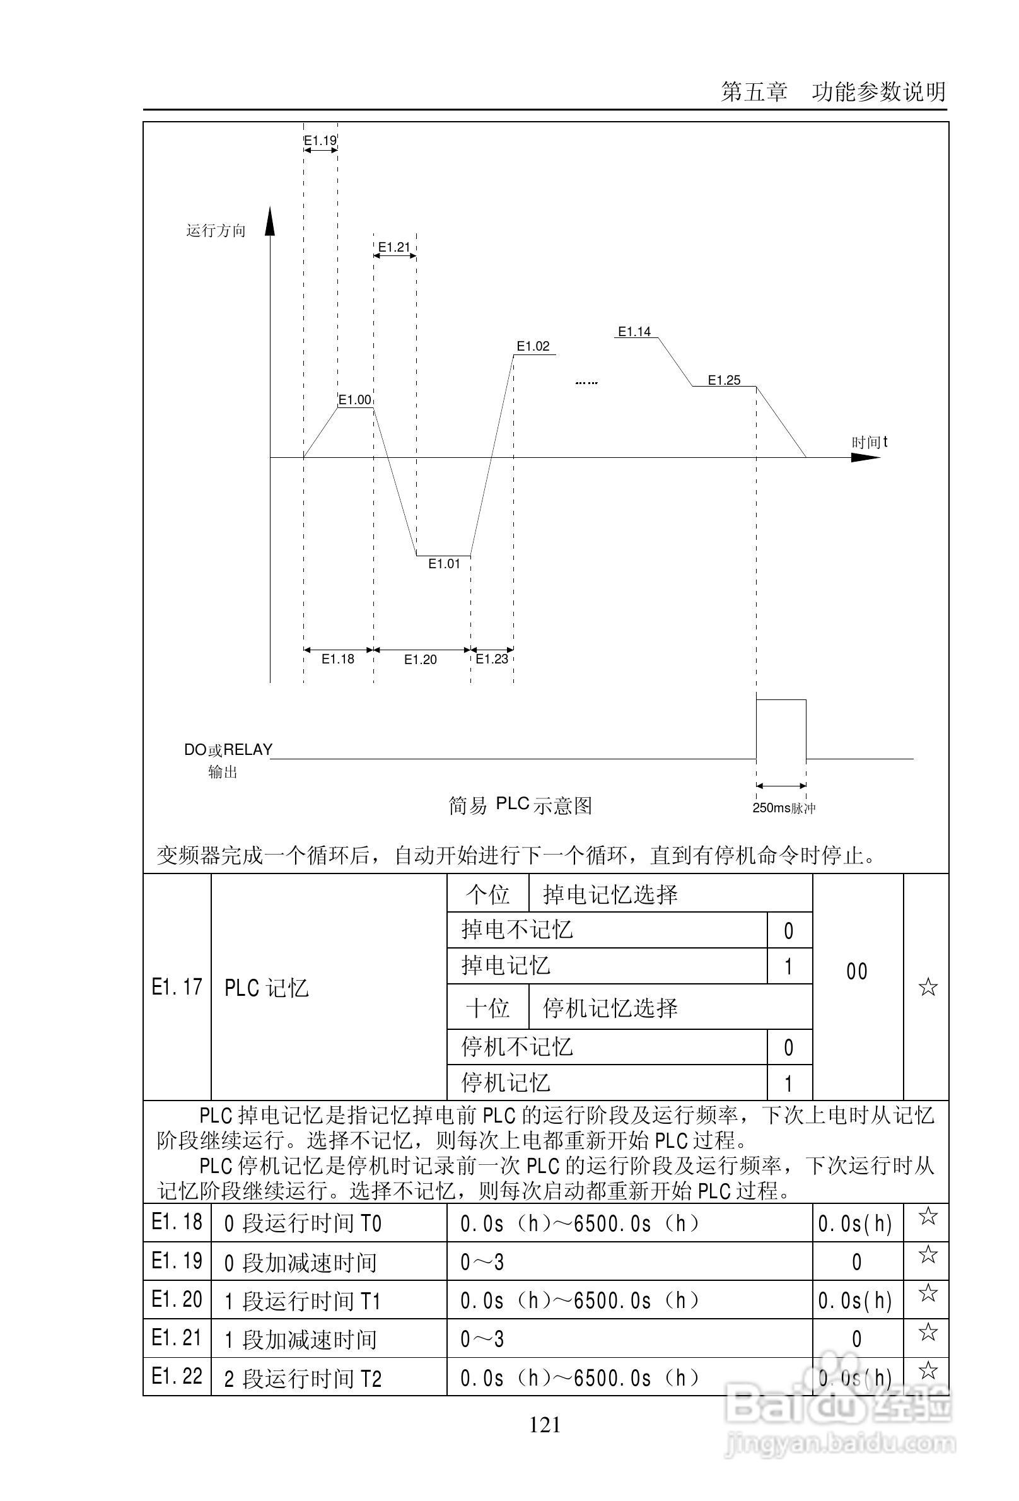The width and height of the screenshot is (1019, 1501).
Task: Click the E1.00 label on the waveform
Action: (354, 400)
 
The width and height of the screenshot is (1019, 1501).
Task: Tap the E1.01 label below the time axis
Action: (445, 564)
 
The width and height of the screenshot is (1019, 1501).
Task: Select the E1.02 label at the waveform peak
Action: (533, 346)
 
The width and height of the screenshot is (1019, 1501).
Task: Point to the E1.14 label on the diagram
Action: (634, 332)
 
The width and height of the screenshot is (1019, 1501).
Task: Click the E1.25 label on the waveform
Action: (724, 380)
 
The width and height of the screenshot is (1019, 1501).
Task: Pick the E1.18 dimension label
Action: (338, 660)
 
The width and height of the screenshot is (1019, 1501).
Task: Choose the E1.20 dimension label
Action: (421, 660)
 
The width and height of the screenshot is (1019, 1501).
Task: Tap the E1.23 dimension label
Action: (492, 659)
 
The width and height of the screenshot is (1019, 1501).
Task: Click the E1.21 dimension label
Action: (394, 247)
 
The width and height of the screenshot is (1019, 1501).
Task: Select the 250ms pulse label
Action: (783, 808)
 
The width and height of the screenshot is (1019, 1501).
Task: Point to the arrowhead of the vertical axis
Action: (270, 219)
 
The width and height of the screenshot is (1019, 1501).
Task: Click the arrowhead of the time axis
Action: (865, 457)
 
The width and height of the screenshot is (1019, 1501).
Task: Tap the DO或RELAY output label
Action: (228, 750)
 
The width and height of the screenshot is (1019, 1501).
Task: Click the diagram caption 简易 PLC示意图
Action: (520, 805)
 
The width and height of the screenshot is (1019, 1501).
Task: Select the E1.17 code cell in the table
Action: (177, 988)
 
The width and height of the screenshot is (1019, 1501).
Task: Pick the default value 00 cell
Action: (857, 972)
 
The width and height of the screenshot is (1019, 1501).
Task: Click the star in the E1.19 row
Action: (928, 1255)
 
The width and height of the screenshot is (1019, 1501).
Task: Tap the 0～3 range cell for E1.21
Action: (482, 1340)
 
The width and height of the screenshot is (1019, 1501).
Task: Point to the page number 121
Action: (545, 1425)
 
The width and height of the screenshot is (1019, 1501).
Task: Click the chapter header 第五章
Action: (754, 92)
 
